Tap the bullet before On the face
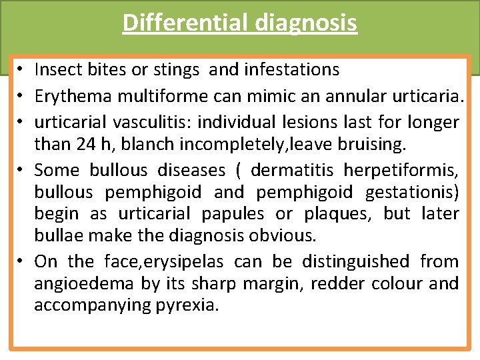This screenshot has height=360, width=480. pyautogui.click(x=22, y=262)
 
